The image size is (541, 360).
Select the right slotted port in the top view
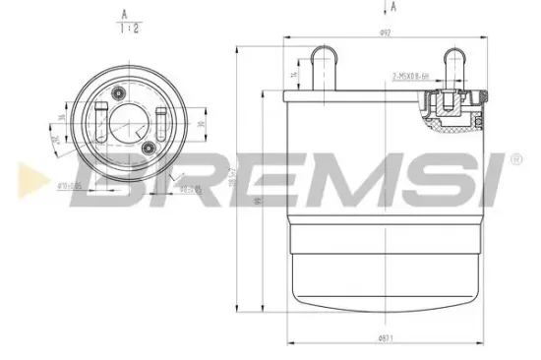click(159, 120)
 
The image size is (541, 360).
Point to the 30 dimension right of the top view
click(200, 125)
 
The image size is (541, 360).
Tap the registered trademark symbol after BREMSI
click(514, 157)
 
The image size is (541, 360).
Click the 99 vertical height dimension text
click(255, 203)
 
